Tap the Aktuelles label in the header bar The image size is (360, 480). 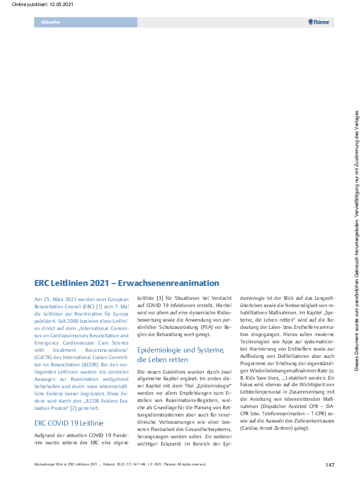point(50,22)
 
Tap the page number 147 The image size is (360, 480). point(330,464)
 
